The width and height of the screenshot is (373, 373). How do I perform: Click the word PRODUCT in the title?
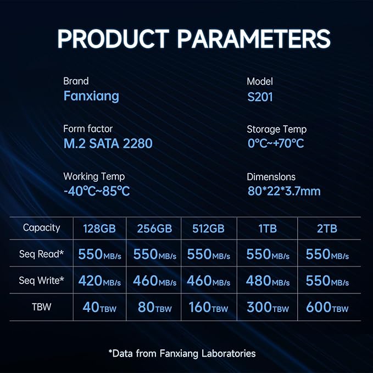(x=113, y=39)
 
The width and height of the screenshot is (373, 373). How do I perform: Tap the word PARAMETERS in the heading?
(x=254, y=39)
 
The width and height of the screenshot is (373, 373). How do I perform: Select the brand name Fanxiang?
(x=91, y=96)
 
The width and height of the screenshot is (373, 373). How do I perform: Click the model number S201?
(x=260, y=97)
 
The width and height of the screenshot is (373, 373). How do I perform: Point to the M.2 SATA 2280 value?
(x=108, y=143)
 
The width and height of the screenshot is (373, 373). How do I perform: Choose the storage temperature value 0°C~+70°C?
(x=276, y=143)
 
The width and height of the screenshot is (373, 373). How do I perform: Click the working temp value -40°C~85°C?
(x=97, y=191)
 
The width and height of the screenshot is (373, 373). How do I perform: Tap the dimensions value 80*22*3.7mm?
(x=284, y=191)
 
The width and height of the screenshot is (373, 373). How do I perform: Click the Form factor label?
(x=88, y=129)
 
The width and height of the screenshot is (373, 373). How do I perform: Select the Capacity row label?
(x=41, y=228)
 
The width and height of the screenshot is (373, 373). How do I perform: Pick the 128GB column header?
(x=99, y=229)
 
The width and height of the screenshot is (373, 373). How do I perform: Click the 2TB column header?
(x=327, y=229)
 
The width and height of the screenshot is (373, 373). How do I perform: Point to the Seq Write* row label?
(x=41, y=281)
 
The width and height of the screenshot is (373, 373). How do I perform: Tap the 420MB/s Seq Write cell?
(x=99, y=281)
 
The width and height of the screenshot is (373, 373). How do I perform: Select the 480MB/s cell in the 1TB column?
(x=268, y=281)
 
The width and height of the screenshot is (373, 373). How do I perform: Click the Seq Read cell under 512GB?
(x=208, y=254)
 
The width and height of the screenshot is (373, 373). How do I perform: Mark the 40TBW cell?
(x=99, y=307)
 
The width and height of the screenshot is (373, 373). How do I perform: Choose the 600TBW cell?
(x=327, y=307)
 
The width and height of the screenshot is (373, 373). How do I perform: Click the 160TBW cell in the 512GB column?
(x=208, y=307)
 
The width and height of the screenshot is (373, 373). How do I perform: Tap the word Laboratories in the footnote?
(x=229, y=353)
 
